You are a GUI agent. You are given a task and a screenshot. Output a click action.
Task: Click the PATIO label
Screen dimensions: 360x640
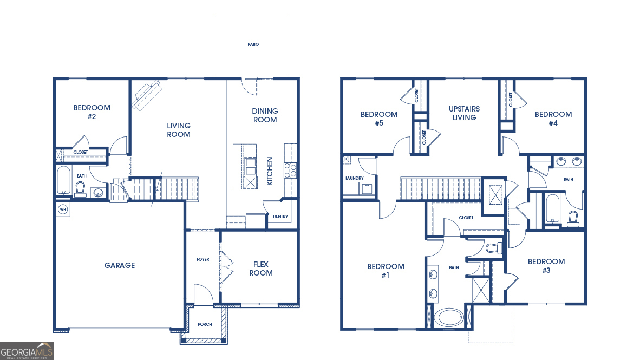[x=253, y=44]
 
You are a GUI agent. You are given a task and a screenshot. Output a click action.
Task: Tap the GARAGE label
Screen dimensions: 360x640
[x=120, y=265]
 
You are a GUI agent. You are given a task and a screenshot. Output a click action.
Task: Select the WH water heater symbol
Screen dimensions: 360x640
[x=62, y=210]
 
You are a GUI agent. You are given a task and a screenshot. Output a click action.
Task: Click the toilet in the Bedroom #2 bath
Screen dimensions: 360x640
[x=81, y=189]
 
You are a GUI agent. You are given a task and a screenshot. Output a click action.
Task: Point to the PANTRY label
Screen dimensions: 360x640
[x=280, y=218]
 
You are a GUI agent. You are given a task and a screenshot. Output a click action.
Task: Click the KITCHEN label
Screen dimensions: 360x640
[x=270, y=172]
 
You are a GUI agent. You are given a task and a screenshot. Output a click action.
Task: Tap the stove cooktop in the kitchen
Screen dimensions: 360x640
[x=290, y=171]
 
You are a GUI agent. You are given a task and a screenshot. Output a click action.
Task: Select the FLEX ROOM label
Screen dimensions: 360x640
[x=261, y=269]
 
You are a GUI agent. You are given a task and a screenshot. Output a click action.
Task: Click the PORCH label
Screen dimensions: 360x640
[x=205, y=324]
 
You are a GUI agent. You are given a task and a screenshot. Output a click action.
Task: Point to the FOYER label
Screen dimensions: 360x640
[x=203, y=259]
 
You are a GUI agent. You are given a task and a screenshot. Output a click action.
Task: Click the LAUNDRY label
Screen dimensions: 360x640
[x=354, y=178]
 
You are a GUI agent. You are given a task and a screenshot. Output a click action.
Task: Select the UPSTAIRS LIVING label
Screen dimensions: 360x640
[x=464, y=113]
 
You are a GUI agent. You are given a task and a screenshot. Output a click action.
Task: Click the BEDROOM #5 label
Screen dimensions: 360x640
[x=379, y=119]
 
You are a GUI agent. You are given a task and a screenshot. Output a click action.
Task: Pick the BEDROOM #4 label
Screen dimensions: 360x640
[x=553, y=119]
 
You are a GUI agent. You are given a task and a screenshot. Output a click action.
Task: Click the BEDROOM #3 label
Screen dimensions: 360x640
[x=546, y=266]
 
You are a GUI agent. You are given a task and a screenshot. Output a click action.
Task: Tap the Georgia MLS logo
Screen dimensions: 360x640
[x=27, y=351]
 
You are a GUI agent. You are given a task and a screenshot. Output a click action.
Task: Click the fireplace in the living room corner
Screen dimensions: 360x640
[x=147, y=95]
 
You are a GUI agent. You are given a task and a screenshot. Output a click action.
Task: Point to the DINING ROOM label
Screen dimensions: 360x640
[x=265, y=115]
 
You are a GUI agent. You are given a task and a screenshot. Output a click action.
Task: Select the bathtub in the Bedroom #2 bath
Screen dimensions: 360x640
[x=63, y=180]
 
